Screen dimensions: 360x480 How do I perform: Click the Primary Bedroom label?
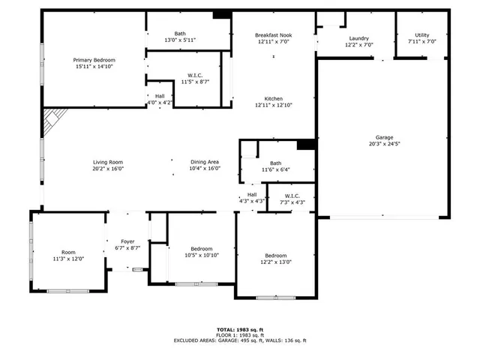click(94, 59)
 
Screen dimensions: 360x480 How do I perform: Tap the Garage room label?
click(384, 137)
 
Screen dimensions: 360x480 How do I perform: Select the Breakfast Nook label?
click(273, 35)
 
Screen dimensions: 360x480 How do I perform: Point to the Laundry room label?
click(358, 38)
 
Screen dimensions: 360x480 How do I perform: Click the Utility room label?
click(421, 35)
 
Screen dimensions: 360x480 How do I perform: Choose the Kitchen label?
click(273, 98)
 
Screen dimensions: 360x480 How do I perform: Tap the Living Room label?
click(107, 162)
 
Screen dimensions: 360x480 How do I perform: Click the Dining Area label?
click(204, 162)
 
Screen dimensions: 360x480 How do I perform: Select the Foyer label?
click(127, 241)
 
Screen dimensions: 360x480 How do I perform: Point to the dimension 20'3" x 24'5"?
click(384, 144)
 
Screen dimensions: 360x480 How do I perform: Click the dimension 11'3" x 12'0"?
click(68, 259)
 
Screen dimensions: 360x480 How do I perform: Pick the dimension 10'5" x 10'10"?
click(201, 255)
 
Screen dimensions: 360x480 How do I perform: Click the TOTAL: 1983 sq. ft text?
click(240, 329)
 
